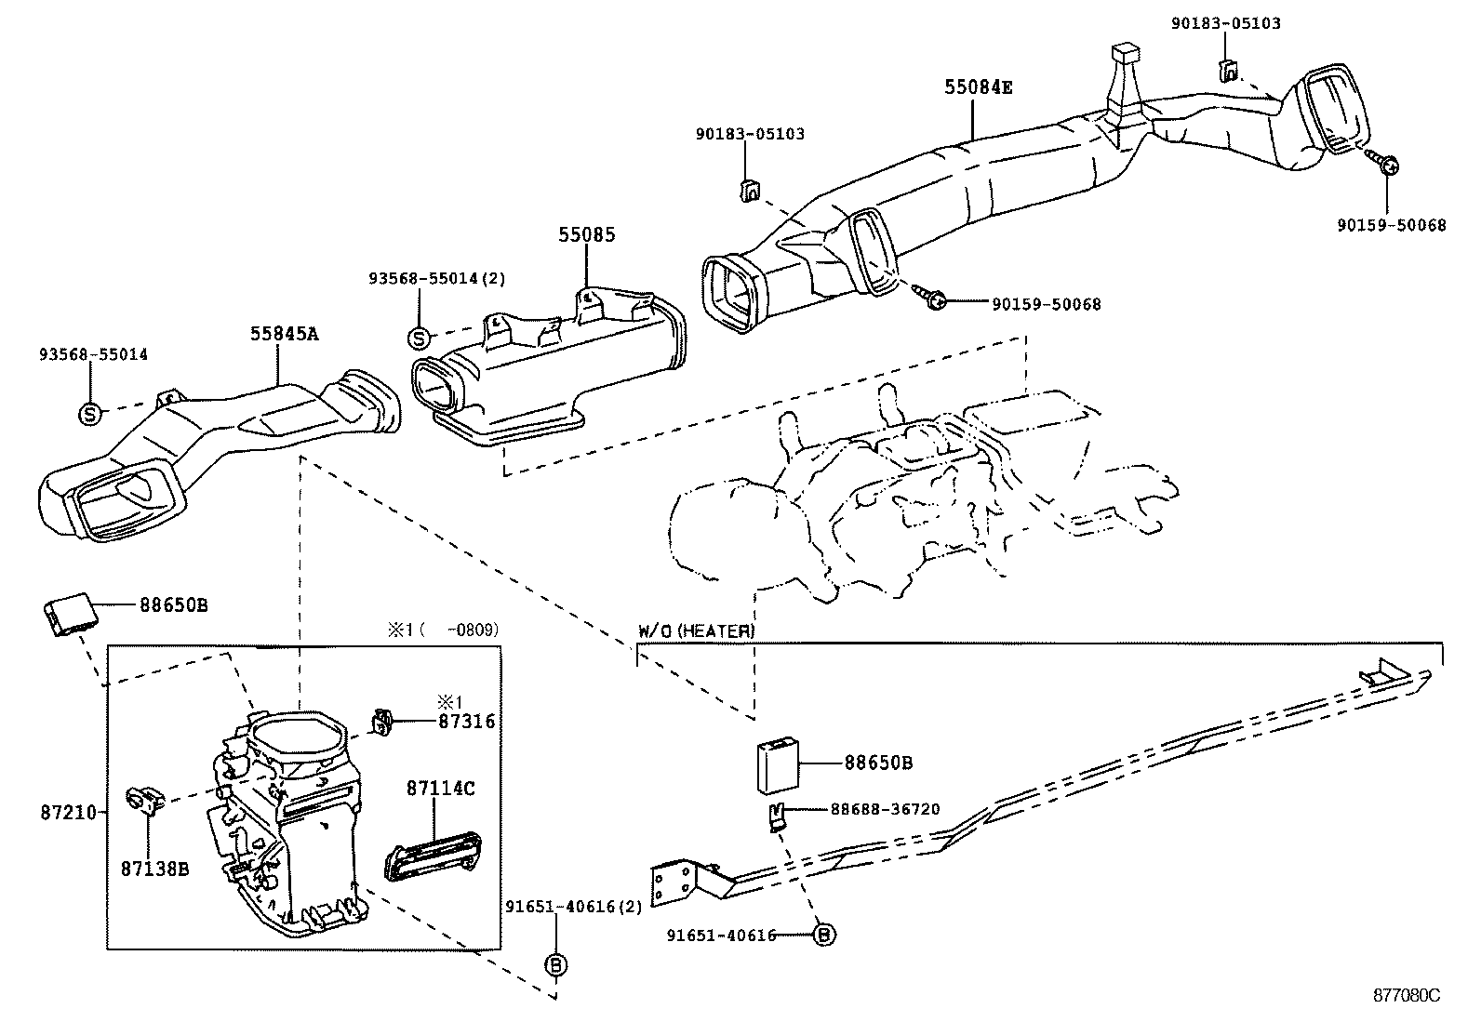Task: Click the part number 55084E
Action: [978, 88]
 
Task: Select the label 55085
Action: [587, 235]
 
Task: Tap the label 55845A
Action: [284, 334]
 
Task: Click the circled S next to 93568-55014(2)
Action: [420, 337]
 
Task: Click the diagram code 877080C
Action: [1407, 994]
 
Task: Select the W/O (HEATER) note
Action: [696, 631]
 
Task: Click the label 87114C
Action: [440, 789]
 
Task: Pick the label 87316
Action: [466, 721]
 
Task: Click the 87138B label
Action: [154, 869]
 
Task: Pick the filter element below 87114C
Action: [432, 854]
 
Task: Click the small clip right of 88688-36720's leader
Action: [776, 816]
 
